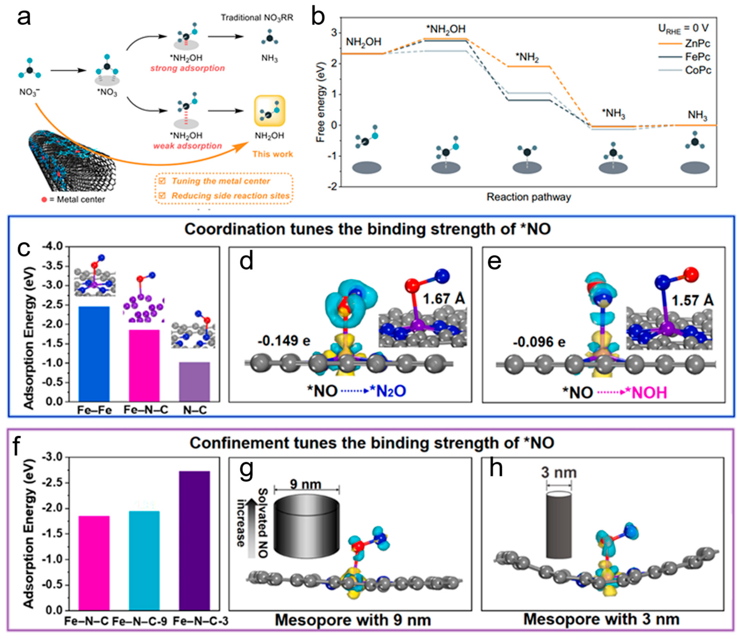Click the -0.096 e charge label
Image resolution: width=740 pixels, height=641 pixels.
click(x=539, y=342)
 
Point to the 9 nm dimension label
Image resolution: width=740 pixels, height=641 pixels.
click(x=306, y=484)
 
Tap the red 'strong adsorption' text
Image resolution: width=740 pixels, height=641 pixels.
click(x=188, y=68)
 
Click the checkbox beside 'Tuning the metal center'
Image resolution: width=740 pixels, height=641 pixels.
click(x=162, y=181)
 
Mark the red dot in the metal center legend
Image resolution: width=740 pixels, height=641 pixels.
click(x=44, y=200)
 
